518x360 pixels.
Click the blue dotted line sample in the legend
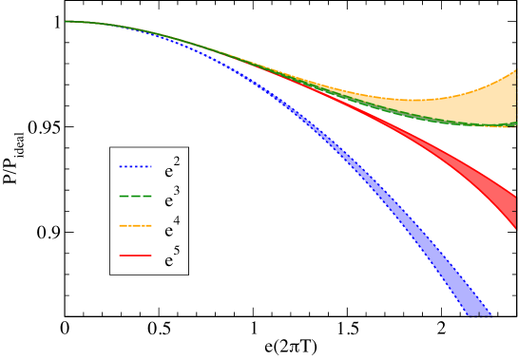click(135, 167)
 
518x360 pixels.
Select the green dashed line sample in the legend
click(135, 197)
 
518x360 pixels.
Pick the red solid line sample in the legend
click(135, 256)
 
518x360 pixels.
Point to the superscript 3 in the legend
click(178, 192)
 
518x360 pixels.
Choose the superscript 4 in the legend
click(178, 221)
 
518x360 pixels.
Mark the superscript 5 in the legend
click(178, 251)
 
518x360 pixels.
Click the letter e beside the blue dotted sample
click(168, 172)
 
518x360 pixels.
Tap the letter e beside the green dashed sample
click(168, 201)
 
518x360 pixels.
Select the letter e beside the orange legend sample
click(168, 231)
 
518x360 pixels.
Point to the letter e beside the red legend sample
click(168, 260)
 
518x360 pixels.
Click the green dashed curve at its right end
click(514, 126)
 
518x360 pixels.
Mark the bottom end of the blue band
click(481, 315)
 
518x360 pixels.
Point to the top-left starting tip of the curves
click(66, 21)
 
